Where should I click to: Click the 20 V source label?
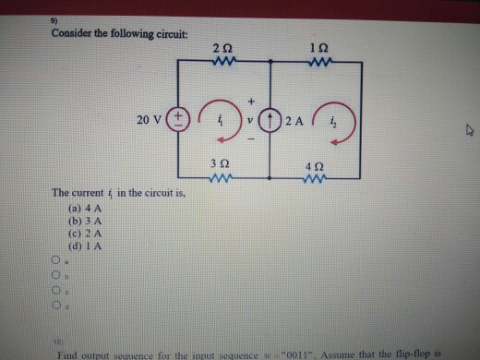(x=149, y=119)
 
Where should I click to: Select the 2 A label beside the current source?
(x=294, y=121)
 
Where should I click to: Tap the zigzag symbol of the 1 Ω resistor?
(x=318, y=63)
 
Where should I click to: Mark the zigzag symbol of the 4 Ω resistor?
(x=318, y=177)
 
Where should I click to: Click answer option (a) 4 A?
(x=84, y=211)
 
